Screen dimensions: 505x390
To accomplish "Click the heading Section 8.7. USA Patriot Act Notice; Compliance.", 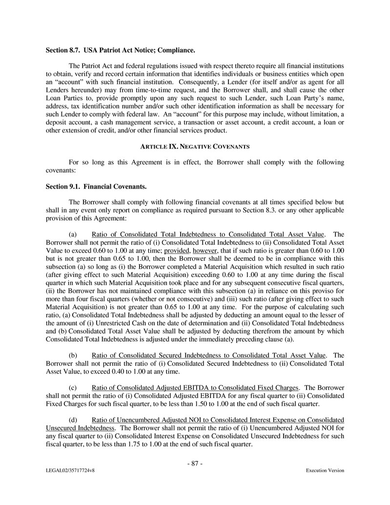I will (x=120, y=50).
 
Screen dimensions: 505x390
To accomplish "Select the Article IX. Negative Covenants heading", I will (x=195, y=146).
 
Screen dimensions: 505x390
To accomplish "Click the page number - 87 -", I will (x=195, y=463).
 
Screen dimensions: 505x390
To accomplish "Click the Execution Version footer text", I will (x=325, y=471).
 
